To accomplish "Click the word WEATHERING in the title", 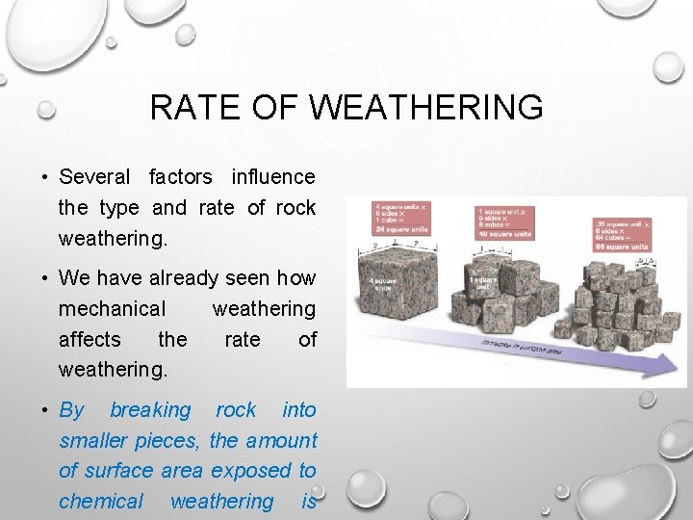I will tap(427, 107).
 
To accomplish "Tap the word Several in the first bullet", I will tap(93, 176).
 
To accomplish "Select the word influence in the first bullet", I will tap(272, 176).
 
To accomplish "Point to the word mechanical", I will tap(112, 308).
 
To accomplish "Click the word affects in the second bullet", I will tap(90, 339).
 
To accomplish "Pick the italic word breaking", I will tap(150, 409).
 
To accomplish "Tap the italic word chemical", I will tap(101, 501).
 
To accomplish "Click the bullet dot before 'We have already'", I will tap(45, 278).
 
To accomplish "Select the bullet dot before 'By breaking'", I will tap(45, 410).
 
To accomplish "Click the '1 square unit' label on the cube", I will tap(483, 283).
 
